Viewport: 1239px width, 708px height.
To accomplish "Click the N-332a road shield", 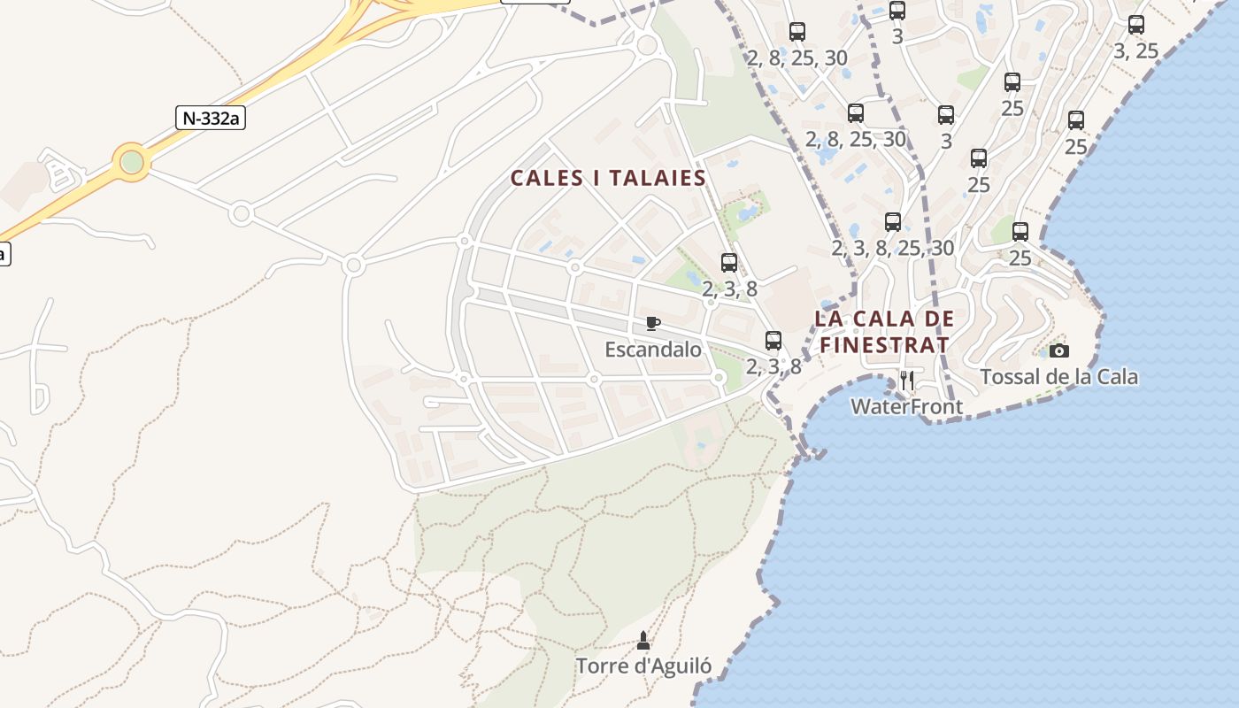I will pos(210,118).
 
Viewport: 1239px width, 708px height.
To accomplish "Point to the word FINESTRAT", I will pos(884,344).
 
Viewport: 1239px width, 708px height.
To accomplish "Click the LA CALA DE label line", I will pos(884,319).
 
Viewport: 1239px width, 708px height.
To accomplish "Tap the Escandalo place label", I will pos(653,350).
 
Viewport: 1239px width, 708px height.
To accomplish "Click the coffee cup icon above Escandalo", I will pos(653,323).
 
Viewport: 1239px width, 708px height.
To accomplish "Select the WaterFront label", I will pos(906,406).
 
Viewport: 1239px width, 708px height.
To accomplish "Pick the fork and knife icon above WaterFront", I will pos(906,381).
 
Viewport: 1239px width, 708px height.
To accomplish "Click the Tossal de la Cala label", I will pos(1058,377).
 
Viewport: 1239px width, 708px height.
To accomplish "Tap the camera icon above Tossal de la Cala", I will pos(1058,351).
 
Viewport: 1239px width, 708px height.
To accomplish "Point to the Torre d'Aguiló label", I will pos(643,666).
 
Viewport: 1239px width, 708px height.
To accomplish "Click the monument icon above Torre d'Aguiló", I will pos(643,639).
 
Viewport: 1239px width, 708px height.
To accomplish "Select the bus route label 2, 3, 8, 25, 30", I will pos(892,248).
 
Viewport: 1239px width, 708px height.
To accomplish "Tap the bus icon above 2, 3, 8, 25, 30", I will pos(892,222).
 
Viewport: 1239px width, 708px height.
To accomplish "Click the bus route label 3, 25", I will pos(1135,51).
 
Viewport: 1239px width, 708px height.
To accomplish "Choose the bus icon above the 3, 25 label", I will pos(1136,25).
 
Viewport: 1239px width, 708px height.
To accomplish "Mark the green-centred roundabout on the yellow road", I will pos(131,162).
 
